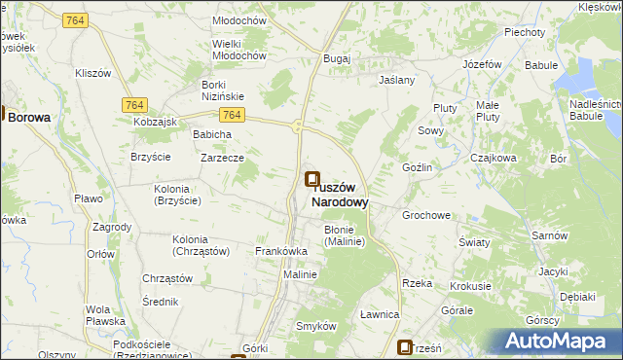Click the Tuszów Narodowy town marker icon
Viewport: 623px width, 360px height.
(x=311, y=179)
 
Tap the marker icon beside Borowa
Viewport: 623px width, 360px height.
(x=3, y=115)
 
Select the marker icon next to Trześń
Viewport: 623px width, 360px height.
(x=406, y=346)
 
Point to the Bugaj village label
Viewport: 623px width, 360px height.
(x=337, y=59)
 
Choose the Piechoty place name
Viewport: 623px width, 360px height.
(x=524, y=32)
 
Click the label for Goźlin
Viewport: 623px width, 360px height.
(x=417, y=168)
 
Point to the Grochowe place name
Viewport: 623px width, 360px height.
(x=426, y=215)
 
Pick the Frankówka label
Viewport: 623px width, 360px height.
(x=281, y=251)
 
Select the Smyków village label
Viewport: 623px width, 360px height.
(x=315, y=326)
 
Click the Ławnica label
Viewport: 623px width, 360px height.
(x=380, y=314)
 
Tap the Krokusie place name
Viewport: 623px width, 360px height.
(x=470, y=287)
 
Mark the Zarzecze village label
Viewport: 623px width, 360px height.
(x=222, y=158)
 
